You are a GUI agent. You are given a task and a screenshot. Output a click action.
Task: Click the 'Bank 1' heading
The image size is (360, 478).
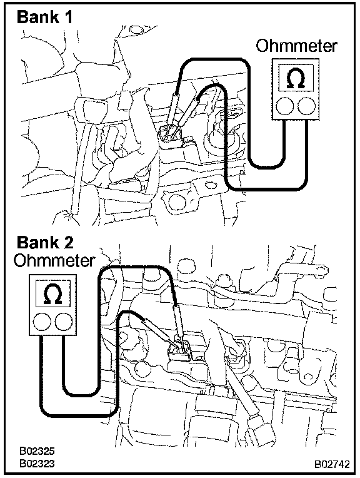click(45, 17)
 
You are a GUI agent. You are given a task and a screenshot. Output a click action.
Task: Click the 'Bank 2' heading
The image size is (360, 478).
click(45, 243)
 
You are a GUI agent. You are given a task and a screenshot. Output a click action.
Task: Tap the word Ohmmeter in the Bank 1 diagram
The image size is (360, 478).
click(296, 46)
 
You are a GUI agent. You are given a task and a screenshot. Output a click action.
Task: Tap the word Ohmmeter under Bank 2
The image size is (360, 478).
click(54, 261)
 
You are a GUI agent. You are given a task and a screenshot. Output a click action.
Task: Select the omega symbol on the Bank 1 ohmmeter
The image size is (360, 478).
click(296, 78)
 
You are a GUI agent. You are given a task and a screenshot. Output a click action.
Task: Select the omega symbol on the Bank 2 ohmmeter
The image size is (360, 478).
click(53, 294)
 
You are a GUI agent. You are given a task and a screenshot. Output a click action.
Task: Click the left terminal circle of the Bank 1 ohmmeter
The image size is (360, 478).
click(284, 106)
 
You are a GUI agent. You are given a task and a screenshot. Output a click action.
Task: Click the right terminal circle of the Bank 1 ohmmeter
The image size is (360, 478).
click(306, 106)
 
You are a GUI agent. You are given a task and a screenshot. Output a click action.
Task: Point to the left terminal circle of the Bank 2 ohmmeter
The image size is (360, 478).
click(42, 322)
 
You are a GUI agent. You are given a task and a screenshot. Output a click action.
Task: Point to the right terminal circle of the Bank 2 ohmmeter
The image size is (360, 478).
click(64, 322)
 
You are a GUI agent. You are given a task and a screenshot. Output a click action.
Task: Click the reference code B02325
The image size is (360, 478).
click(37, 451)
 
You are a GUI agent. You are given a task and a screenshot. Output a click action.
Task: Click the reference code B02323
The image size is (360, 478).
click(37, 464)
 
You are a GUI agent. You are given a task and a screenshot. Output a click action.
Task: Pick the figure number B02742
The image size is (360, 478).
click(332, 464)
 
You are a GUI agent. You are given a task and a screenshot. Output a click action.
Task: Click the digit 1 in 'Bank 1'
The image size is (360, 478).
click(69, 17)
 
